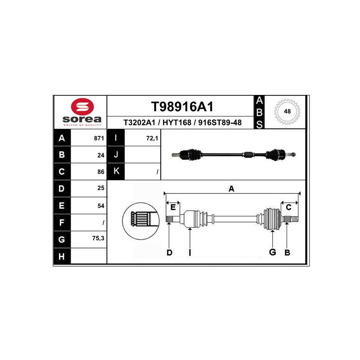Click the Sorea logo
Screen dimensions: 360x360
click(81, 112)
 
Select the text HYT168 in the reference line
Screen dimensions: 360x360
click(176, 122)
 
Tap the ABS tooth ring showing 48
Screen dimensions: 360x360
click(287, 111)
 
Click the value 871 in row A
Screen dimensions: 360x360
click(99, 139)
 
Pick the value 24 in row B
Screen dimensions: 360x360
click(101, 155)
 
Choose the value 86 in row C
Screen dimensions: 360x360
click(101, 172)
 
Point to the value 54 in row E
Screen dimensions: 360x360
click(101, 206)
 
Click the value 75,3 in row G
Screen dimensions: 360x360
click(98, 239)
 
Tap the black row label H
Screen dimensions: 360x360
click(62, 256)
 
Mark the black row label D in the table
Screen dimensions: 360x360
click(62, 189)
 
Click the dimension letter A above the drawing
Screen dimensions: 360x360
click(231, 189)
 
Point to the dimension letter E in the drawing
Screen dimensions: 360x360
click(172, 207)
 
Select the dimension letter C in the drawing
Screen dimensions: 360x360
click(289, 207)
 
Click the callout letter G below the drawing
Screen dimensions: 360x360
click(272, 252)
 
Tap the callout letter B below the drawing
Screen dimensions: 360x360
click(287, 253)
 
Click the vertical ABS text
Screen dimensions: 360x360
click(259, 112)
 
